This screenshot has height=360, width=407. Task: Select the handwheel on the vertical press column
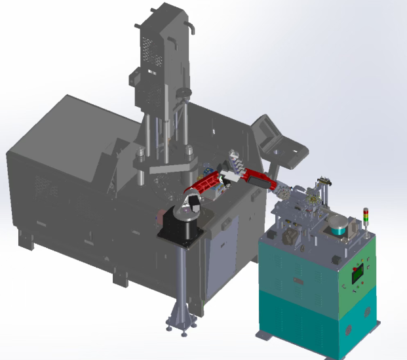(x=185, y=92)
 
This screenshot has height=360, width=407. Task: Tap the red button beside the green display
(x=355, y=268)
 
